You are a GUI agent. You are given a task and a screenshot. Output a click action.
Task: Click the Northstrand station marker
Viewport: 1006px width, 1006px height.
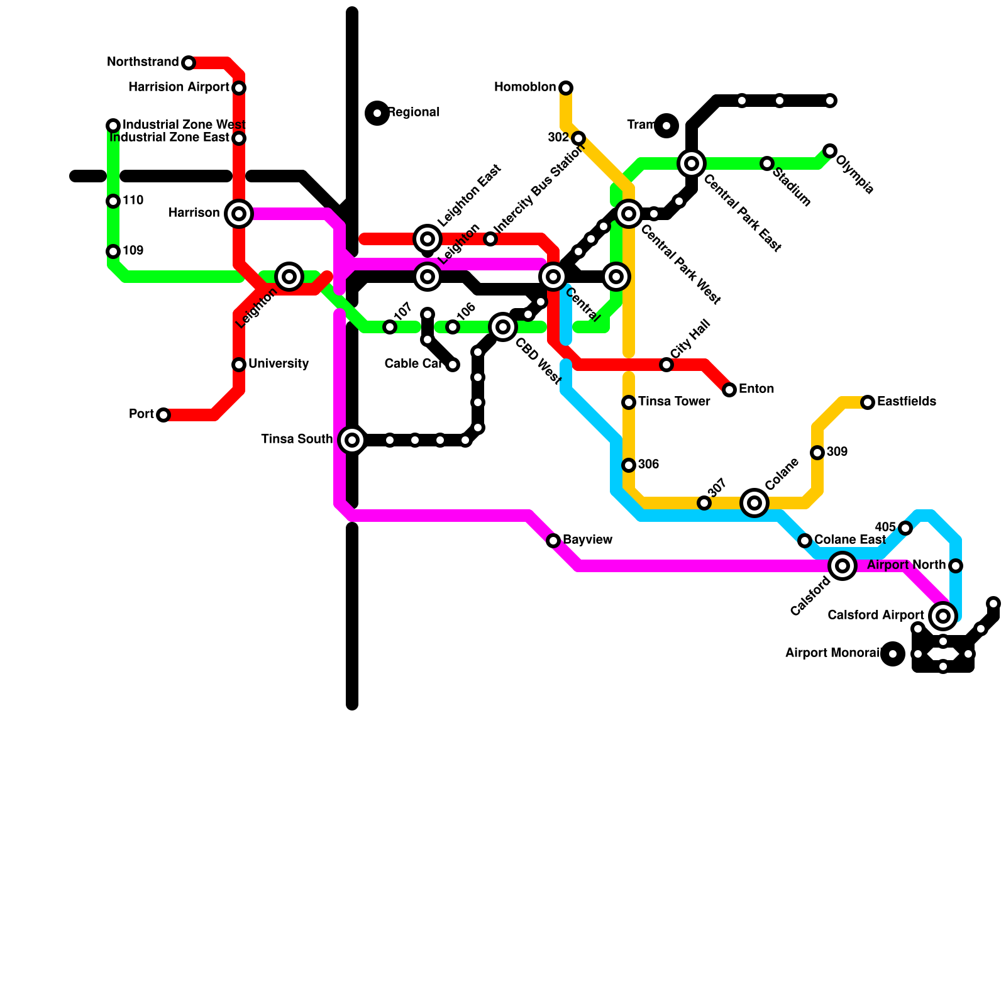pyautogui.click(x=189, y=63)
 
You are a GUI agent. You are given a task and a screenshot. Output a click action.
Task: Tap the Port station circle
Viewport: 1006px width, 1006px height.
pyautogui.click(x=163, y=415)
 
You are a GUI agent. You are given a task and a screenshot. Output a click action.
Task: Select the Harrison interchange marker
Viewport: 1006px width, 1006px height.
pyautogui.click(x=239, y=214)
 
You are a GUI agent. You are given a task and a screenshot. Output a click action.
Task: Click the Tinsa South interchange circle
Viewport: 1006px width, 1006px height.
pyautogui.click(x=352, y=440)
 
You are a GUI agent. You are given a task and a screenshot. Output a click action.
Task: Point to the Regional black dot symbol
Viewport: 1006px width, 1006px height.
pyautogui.click(x=377, y=113)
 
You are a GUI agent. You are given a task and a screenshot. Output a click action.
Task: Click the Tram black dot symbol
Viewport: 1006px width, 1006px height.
pyautogui.click(x=666, y=126)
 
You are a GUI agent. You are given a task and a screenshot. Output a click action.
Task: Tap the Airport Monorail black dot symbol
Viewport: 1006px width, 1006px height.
pyautogui.click(x=893, y=654)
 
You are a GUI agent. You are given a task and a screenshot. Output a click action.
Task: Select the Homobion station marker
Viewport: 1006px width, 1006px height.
pyautogui.click(x=566, y=87)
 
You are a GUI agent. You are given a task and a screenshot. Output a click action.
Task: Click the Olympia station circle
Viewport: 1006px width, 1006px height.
pyautogui.click(x=830, y=151)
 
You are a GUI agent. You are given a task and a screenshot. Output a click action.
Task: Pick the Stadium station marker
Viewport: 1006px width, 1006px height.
pyautogui.click(x=767, y=163)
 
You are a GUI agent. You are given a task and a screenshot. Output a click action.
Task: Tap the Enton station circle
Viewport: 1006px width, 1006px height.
pyautogui.click(x=729, y=390)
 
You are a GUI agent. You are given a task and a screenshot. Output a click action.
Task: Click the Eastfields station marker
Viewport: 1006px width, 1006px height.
pyautogui.click(x=868, y=402)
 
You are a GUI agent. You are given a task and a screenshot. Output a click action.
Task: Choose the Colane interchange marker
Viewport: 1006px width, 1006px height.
pyautogui.click(x=754, y=503)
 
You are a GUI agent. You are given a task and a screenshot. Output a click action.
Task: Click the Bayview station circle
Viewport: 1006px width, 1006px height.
pyautogui.click(x=553, y=541)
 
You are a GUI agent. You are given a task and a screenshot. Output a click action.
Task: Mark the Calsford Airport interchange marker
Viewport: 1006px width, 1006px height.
pyautogui.click(x=943, y=616)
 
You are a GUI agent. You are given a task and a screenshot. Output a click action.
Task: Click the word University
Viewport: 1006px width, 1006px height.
pyautogui.click(x=279, y=364)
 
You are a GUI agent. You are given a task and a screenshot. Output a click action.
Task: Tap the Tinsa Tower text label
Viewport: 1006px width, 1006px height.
pyautogui.click(x=674, y=402)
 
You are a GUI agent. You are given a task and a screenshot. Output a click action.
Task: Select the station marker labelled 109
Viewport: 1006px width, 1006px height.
pyautogui.click(x=113, y=251)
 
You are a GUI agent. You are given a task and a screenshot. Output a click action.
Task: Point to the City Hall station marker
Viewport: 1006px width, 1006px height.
pyautogui.click(x=666, y=365)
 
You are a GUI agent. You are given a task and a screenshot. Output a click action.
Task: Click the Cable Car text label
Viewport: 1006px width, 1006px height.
pyautogui.click(x=412, y=364)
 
